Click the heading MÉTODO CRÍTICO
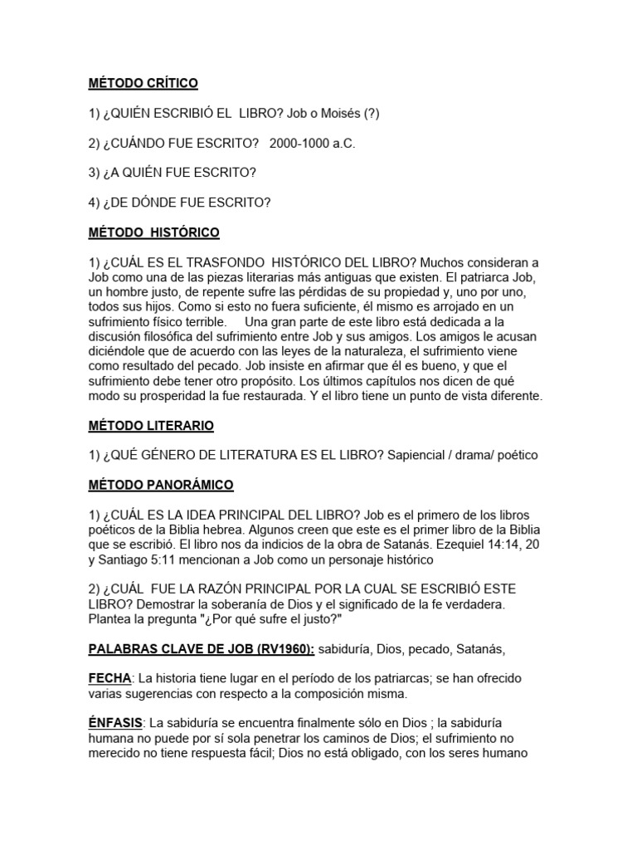tap(143, 84)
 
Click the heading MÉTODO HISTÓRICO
tap(154, 232)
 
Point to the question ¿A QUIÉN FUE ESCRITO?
tap(180, 173)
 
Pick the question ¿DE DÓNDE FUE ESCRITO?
tap(187, 203)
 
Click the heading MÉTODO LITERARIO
tap(151, 426)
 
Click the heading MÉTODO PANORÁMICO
tap(161, 485)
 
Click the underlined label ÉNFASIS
tap(115, 722)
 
